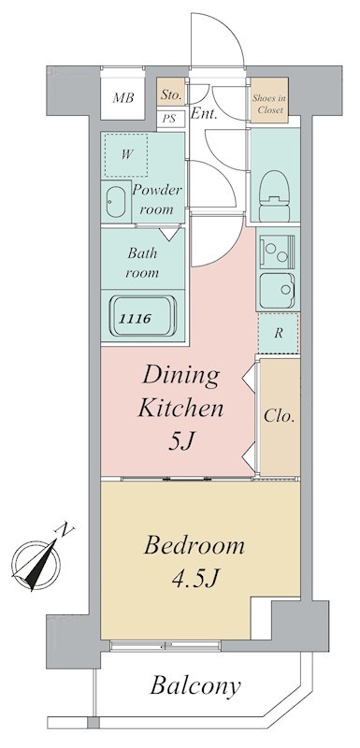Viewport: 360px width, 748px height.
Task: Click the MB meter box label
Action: click(123, 98)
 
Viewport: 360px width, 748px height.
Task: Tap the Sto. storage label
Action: click(171, 95)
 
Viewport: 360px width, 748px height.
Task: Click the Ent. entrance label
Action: click(204, 113)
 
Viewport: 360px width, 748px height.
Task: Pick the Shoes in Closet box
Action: click(269, 105)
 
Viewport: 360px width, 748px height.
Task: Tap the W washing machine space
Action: click(126, 155)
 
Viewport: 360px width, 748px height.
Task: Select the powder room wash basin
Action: click(115, 202)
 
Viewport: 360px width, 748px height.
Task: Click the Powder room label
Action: click(157, 199)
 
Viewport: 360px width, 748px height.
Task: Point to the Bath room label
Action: click(142, 263)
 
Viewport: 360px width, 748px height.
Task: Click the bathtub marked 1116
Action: click(142, 317)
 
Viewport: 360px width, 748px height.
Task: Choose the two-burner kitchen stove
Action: click(277, 252)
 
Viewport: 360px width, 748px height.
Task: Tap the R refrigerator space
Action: click(279, 333)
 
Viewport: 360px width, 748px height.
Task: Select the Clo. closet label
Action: click(279, 416)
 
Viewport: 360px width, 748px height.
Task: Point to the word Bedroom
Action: click(194, 546)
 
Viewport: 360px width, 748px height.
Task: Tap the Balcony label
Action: click(195, 686)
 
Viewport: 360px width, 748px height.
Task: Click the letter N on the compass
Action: click(66, 528)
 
